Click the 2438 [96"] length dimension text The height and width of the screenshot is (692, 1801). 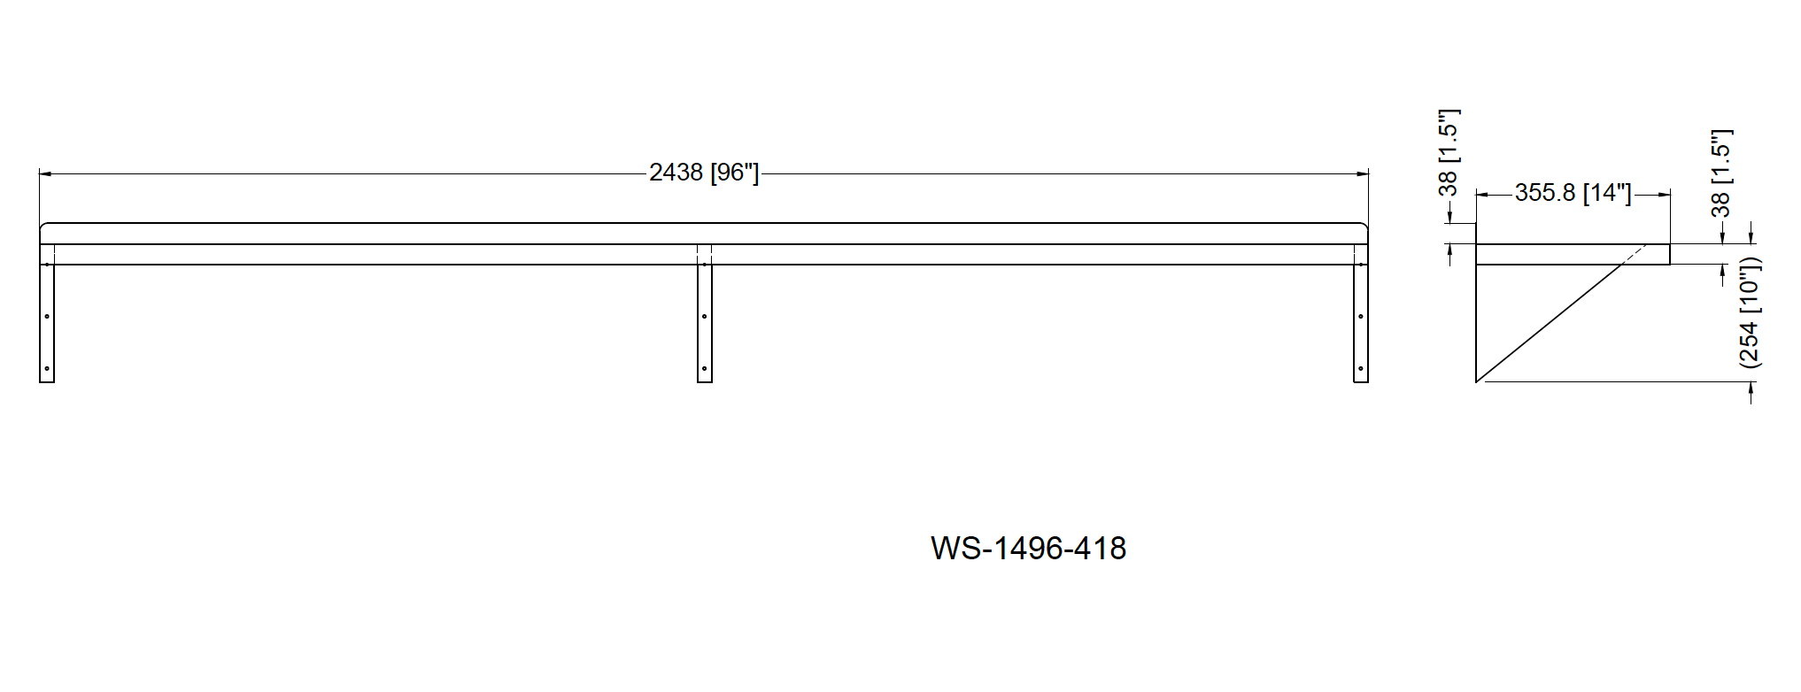click(704, 173)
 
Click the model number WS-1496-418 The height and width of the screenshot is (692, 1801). click(1028, 549)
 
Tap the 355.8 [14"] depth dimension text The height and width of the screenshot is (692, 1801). click(1573, 193)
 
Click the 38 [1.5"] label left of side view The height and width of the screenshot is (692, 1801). click(1448, 152)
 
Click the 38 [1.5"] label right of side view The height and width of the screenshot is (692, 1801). click(1720, 173)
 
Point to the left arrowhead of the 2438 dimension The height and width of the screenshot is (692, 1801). click(45, 174)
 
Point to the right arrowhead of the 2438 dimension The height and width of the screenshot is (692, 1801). click(1364, 174)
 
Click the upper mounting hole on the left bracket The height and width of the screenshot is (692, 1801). click(47, 316)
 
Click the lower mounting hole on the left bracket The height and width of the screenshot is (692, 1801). click(47, 369)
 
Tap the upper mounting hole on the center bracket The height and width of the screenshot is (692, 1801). click(705, 316)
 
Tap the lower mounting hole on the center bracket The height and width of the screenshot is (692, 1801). click(705, 369)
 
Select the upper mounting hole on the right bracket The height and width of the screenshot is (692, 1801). click(1361, 316)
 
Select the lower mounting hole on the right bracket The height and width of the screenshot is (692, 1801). click(1361, 369)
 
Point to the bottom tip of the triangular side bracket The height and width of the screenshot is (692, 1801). click(1477, 381)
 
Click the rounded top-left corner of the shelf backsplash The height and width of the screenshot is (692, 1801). click(43, 227)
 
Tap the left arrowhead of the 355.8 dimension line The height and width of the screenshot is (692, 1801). click(1481, 194)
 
